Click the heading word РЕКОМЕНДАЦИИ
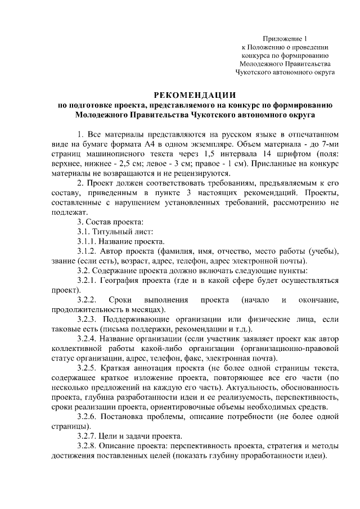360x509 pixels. pyautogui.click(x=195, y=94)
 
